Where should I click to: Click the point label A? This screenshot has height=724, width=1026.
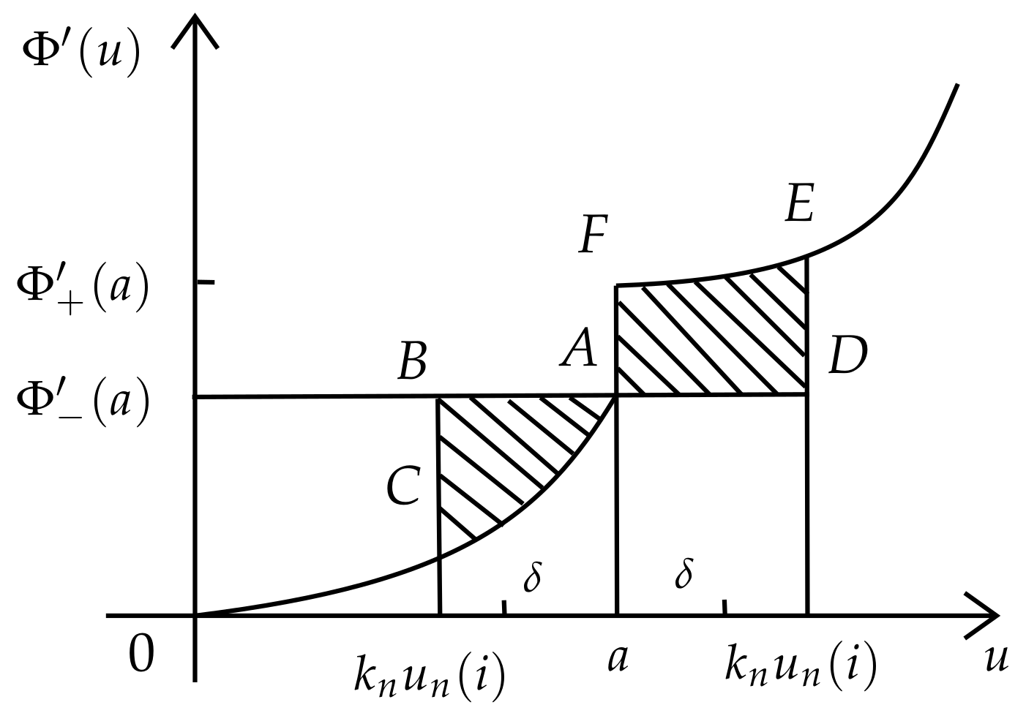[580, 347]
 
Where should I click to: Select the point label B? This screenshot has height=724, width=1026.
[412, 362]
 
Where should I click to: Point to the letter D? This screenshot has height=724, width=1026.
[847, 357]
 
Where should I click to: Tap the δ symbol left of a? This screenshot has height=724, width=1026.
[533, 577]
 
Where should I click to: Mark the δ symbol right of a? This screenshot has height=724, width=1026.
[684, 573]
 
